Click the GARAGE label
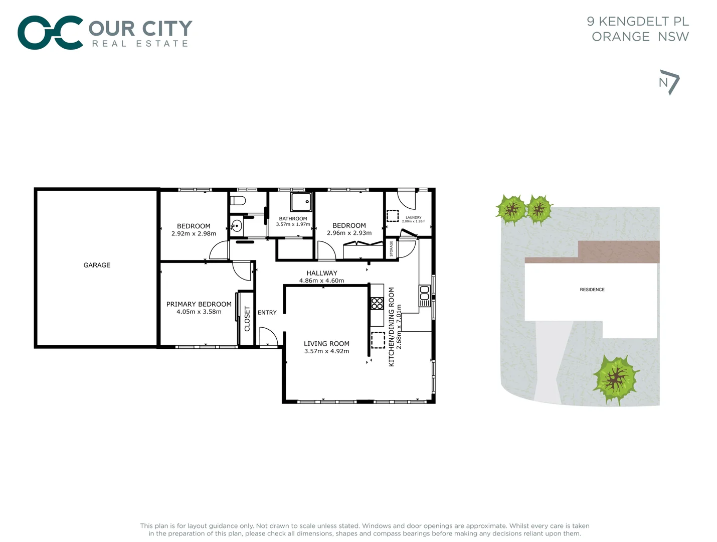[97, 265]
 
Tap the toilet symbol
[238, 201]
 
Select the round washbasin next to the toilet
[237, 226]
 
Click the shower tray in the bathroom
[301, 202]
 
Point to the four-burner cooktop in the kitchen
[377, 303]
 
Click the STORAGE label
[392, 248]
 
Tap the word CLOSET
[247, 319]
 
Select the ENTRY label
[267, 313]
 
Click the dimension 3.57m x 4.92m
[326, 351]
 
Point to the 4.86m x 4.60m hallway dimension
[321, 281]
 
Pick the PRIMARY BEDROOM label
[199, 304]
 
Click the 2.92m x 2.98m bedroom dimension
[194, 234]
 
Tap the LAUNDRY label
[413, 218]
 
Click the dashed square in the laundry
[392, 215]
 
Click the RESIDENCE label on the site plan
[592, 290]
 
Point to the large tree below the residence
[616, 379]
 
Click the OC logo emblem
[50, 33]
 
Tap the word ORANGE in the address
[620, 37]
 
